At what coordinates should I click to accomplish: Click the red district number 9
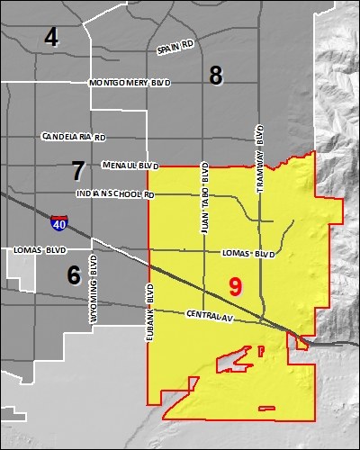tap(235, 287)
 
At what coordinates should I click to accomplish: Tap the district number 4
tap(51, 37)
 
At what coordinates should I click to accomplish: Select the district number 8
tap(216, 76)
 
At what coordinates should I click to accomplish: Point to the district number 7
tap(78, 168)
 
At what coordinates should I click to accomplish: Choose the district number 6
tap(74, 275)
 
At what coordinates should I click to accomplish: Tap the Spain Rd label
tap(176, 48)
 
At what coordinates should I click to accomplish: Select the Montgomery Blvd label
tap(130, 83)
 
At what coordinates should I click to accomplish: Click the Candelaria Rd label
tap(74, 138)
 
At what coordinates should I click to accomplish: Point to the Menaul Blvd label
tap(130, 166)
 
